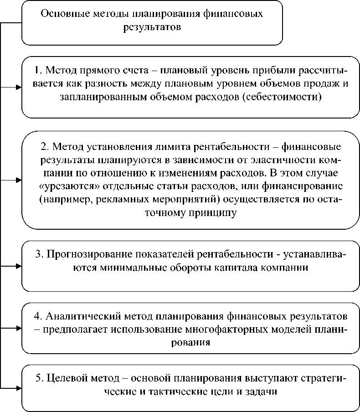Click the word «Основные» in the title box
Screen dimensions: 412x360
[61, 14]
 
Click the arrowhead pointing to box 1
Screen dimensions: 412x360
[19, 87]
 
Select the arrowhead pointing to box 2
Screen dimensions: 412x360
[19, 180]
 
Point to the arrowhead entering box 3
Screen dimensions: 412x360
[19, 265]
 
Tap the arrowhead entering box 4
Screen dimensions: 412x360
[19, 327]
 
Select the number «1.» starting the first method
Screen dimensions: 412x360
[39, 72]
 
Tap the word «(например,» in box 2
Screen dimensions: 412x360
[61, 200]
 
